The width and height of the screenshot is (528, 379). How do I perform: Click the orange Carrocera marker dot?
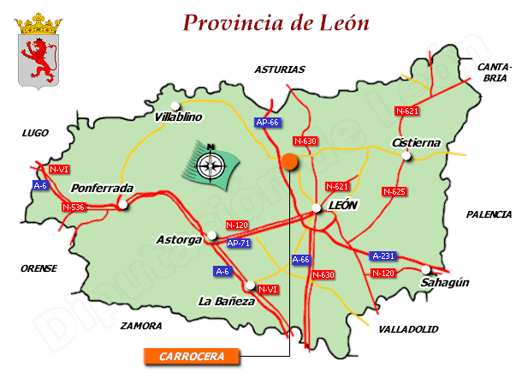[x=289, y=160]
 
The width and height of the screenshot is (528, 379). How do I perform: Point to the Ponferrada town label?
[x=103, y=189]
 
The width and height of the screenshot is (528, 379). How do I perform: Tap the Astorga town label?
[x=179, y=239]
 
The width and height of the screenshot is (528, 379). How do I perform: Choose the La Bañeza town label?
[x=226, y=301]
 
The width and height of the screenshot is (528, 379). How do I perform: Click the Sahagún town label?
[x=445, y=282]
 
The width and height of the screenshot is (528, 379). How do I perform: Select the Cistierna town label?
[x=415, y=142]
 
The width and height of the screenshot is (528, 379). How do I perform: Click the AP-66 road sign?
[x=268, y=123]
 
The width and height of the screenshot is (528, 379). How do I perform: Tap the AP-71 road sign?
[x=239, y=243]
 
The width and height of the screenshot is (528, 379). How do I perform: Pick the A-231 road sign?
[x=383, y=256]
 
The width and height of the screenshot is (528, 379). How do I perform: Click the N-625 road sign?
[x=394, y=191]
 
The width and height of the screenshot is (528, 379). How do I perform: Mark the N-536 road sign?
[x=74, y=207]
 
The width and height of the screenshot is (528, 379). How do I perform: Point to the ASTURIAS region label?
[x=279, y=69]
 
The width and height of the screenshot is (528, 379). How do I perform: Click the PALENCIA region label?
[x=489, y=214]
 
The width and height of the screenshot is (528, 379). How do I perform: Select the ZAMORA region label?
[x=141, y=326]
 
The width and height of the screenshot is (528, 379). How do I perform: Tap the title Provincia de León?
[x=276, y=22]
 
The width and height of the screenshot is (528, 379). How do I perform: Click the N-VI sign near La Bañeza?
[x=268, y=289]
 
